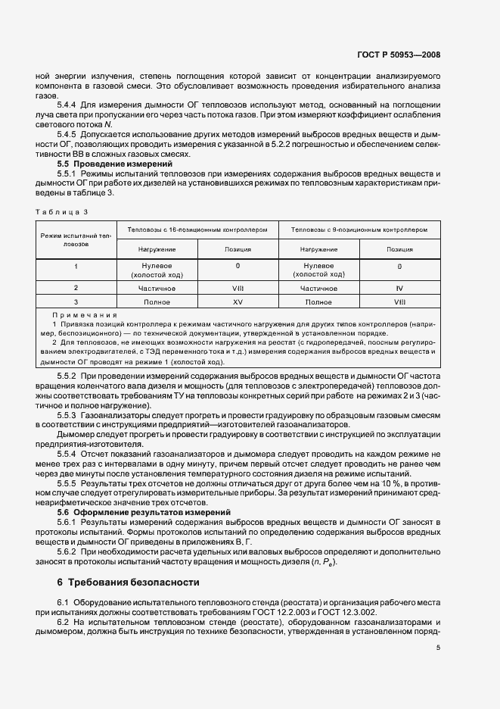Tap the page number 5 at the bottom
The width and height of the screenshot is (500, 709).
438,647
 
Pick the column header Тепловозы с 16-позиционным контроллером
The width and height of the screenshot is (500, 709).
197,230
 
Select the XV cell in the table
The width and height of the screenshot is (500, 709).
238,301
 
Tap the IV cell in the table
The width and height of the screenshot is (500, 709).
399,288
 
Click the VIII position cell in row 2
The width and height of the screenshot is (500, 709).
238,288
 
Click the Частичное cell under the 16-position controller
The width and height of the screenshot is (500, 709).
157,288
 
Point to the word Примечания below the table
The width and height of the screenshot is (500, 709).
84,314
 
